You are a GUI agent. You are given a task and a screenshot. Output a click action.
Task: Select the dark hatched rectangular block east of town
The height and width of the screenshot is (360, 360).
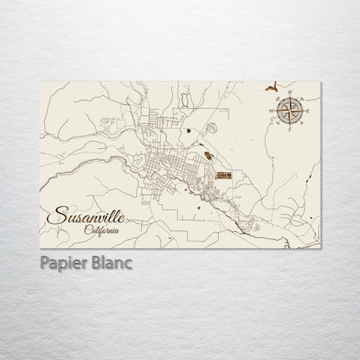(224, 175)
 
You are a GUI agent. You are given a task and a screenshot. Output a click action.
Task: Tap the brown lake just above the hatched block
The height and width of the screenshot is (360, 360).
(208, 157)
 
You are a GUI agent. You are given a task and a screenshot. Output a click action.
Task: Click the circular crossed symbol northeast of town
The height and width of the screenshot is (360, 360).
(210, 127)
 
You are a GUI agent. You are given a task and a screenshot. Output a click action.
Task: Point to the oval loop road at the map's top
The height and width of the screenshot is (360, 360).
(183, 100)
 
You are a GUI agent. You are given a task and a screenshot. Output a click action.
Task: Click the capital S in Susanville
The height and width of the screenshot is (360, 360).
(54, 215)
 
